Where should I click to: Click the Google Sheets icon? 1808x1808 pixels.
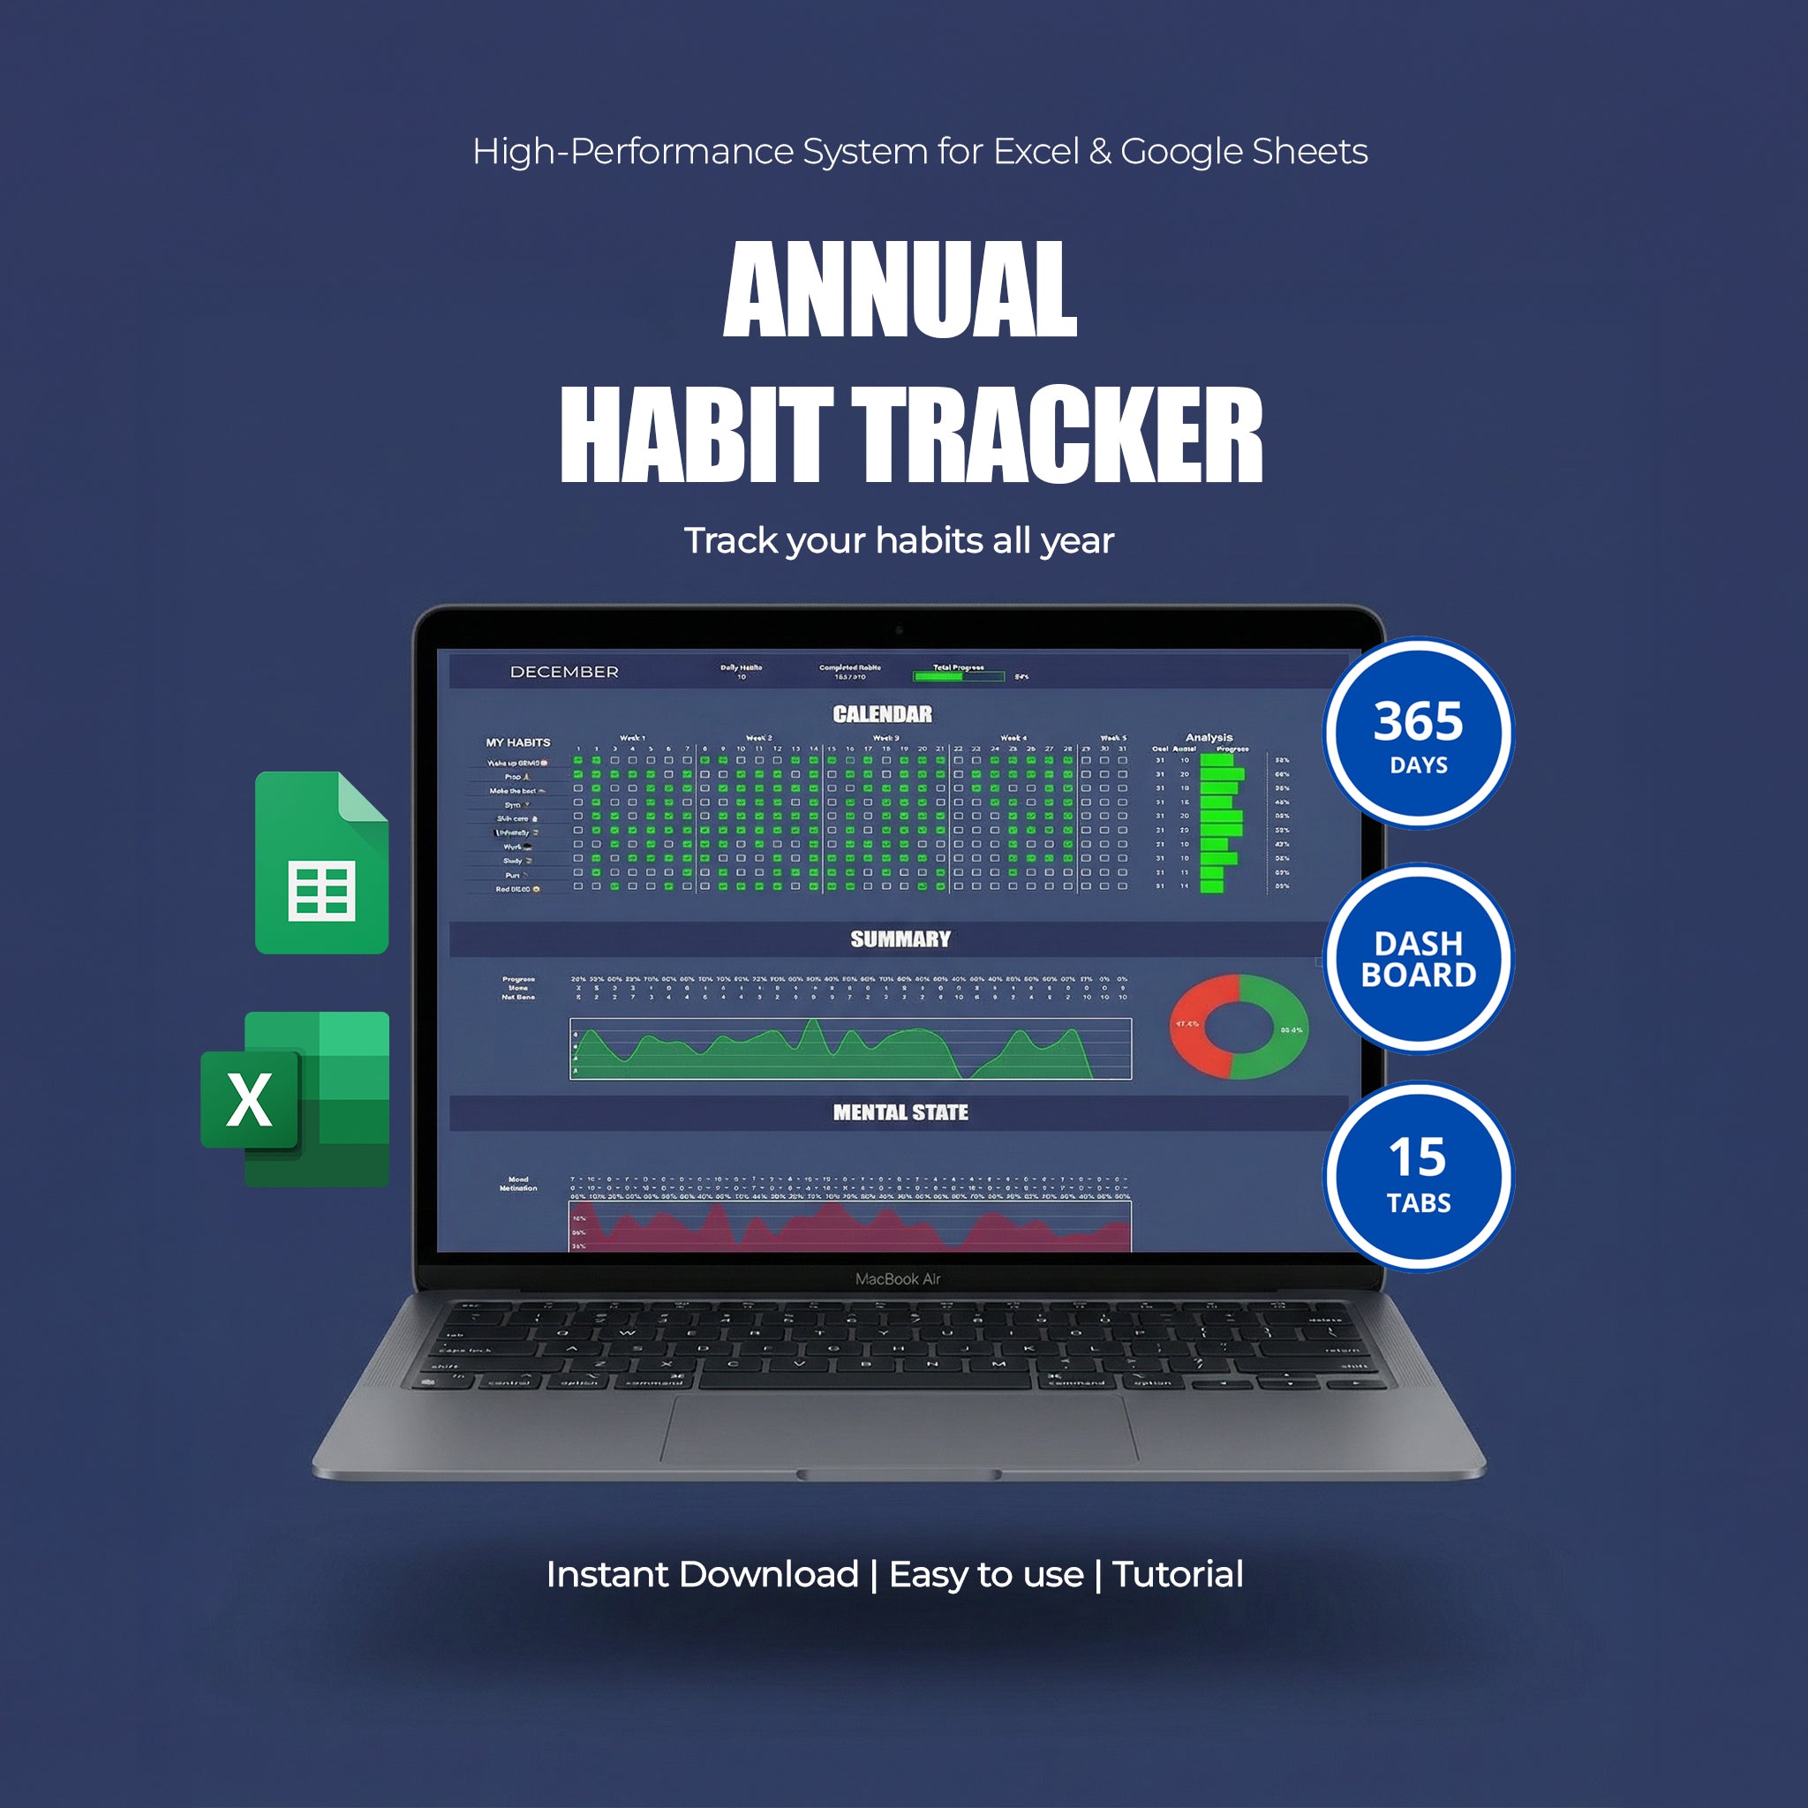coord(321,863)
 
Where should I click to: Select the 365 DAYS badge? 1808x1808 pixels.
coord(1418,734)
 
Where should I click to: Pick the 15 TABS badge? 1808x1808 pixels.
coord(1418,1176)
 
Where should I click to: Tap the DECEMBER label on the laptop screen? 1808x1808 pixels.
coord(563,672)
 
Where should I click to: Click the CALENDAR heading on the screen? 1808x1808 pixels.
coord(883,714)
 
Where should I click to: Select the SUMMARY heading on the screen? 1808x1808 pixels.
coord(900,938)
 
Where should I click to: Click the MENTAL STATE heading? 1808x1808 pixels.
coord(900,1111)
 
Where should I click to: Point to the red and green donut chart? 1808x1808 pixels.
coord(1239,1026)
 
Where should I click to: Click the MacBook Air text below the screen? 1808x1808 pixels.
coord(898,1278)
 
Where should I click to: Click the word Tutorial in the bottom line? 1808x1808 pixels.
coord(1178,1574)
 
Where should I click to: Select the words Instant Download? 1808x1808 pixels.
coord(702,1574)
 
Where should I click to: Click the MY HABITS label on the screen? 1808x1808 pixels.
coord(517,742)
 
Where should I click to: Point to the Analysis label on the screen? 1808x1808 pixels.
coord(1209,737)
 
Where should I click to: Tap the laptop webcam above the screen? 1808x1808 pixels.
coord(899,629)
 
